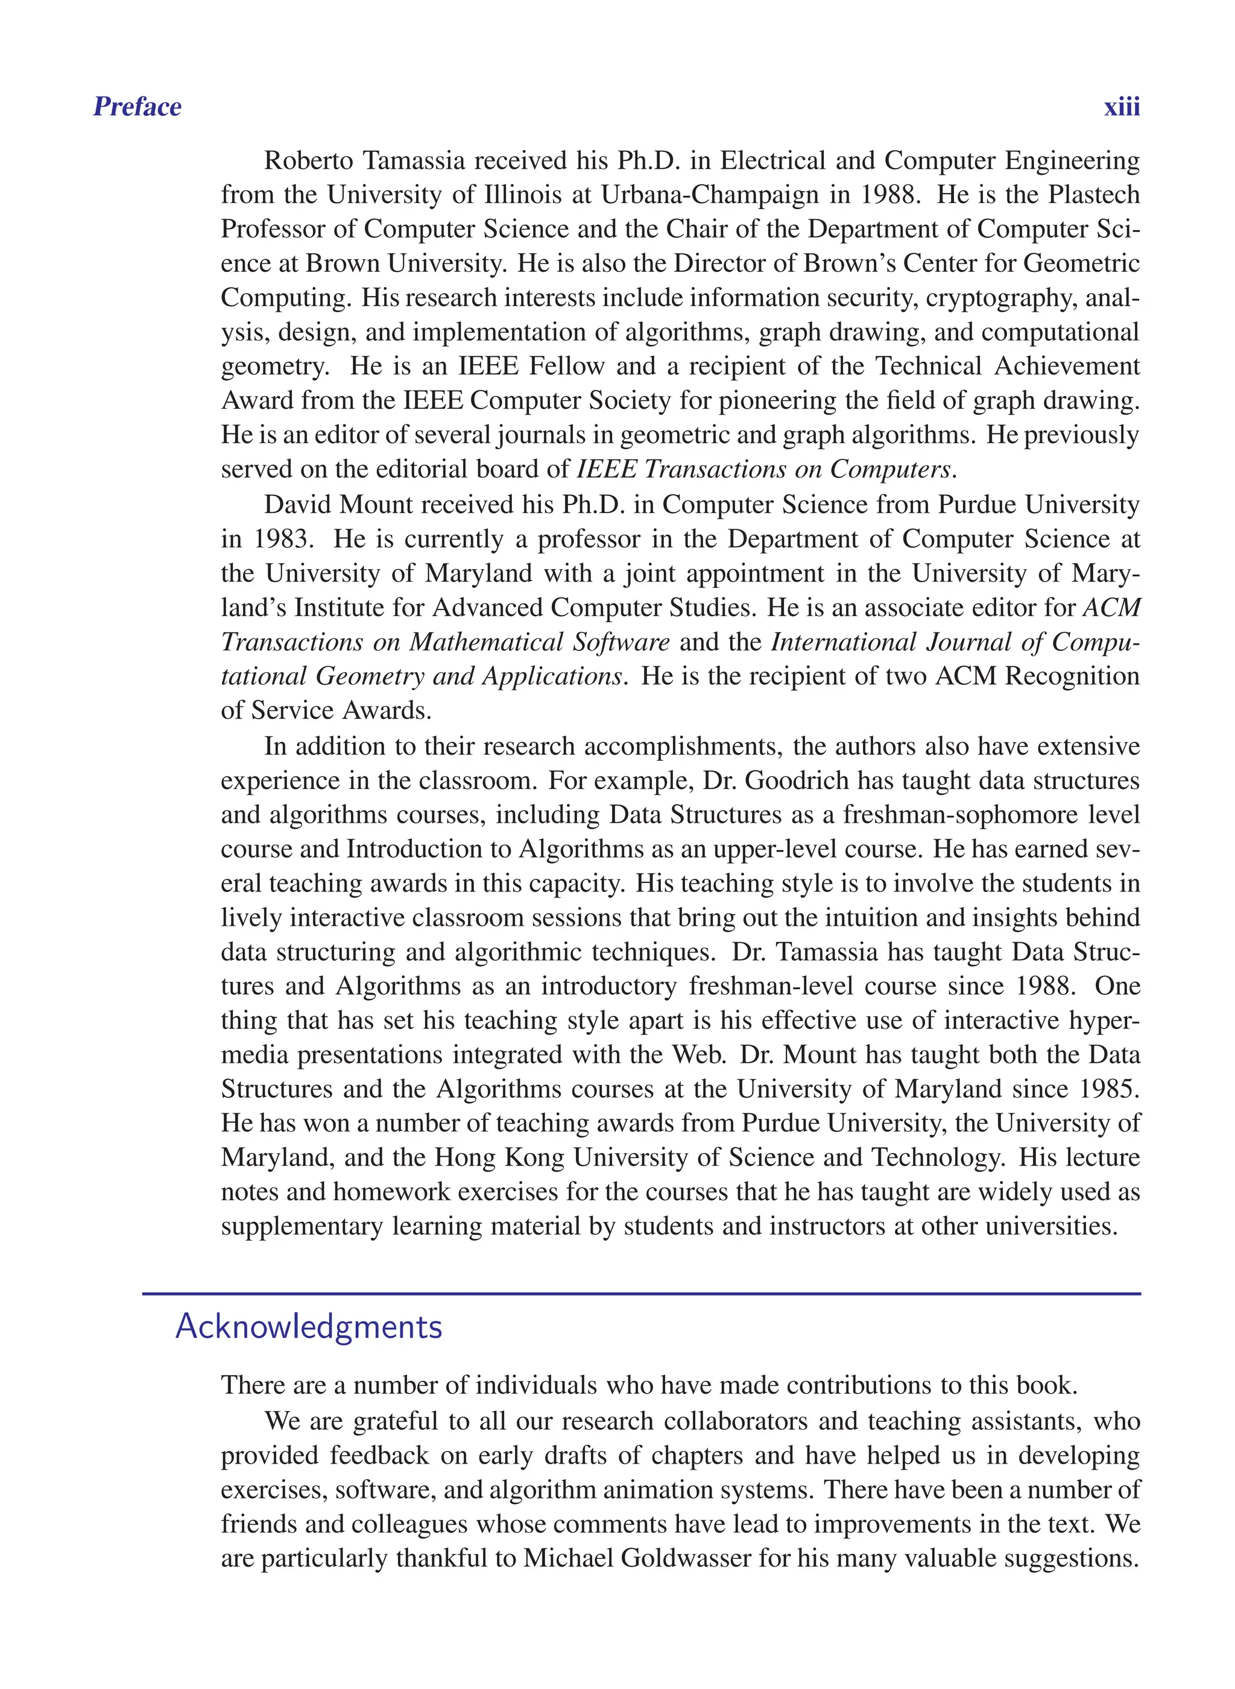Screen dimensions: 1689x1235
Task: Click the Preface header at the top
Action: [137, 107]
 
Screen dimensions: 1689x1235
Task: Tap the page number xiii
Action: [1122, 107]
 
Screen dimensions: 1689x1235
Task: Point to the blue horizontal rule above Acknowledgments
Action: [642, 1293]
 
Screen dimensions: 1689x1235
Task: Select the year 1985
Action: [1108, 1089]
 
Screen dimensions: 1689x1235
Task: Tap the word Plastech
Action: [1094, 194]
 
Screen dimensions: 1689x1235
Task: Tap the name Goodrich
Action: [796, 780]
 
